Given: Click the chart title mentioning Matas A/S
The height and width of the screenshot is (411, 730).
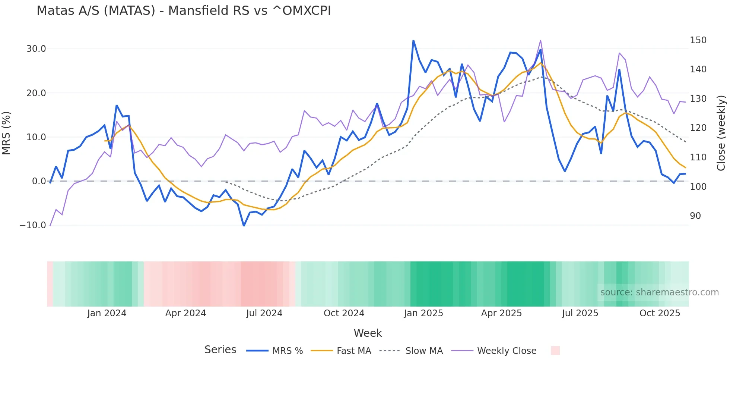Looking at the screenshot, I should click(x=184, y=10).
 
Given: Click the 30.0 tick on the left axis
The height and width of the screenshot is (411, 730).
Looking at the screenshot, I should click(x=36, y=49).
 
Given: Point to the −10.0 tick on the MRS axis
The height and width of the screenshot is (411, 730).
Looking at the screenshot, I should click(x=33, y=225).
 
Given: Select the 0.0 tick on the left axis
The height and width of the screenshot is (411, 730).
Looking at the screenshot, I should click(x=39, y=181).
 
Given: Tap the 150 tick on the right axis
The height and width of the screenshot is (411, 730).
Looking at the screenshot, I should click(x=698, y=40).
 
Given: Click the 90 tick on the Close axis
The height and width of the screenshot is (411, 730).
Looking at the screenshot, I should click(x=695, y=216).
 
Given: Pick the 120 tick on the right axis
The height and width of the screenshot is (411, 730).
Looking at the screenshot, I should click(x=698, y=128).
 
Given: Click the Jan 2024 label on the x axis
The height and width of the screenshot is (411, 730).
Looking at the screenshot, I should click(x=107, y=313).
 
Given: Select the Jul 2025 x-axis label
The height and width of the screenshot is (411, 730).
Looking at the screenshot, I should click(x=580, y=313).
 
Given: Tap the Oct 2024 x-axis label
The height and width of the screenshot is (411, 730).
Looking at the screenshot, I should click(x=344, y=313).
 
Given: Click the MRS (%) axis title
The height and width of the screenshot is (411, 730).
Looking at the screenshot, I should click(x=6, y=133).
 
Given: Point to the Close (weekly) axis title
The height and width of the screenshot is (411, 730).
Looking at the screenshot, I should click(x=721, y=133).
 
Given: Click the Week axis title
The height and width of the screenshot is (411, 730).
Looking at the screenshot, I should click(x=368, y=333).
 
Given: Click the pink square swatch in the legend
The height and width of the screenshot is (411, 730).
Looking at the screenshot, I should click(x=555, y=351).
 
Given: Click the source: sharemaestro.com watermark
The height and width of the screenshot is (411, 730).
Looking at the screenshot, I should click(x=659, y=292).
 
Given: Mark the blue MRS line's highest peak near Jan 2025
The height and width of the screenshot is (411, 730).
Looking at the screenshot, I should click(x=413, y=41).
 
